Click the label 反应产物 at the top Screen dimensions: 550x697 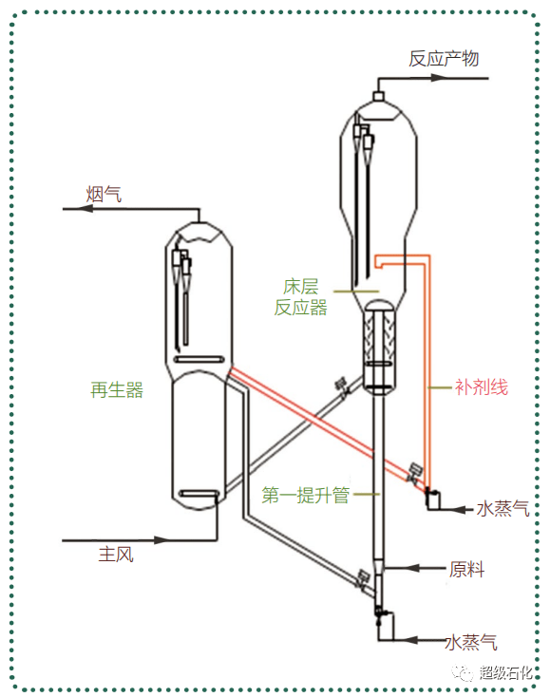pos(444,59)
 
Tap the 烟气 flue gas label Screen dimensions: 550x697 pos(104,195)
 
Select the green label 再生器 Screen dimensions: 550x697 pos(117,390)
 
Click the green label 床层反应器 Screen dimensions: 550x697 pos(300,297)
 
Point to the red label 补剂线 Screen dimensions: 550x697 pos(481,387)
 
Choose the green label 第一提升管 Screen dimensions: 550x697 pos(306,495)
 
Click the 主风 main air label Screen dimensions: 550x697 pos(116,555)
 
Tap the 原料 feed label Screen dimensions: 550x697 pos(466,569)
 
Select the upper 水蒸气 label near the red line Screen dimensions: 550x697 pos(503,509)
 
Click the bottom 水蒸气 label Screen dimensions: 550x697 pos(471,642)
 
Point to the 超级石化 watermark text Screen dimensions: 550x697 pos(505,672)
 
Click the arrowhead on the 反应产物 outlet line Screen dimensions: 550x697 pos(438,78)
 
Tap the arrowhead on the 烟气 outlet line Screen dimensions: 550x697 pos(85,209)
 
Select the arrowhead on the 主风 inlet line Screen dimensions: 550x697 pos(162,540)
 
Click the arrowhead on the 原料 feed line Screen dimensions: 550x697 pos(410,568)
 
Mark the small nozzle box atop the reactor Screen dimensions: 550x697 pos(378,96)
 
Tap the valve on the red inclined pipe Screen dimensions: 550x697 pos(414,473)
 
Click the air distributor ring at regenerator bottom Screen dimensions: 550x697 pos(199,494)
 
